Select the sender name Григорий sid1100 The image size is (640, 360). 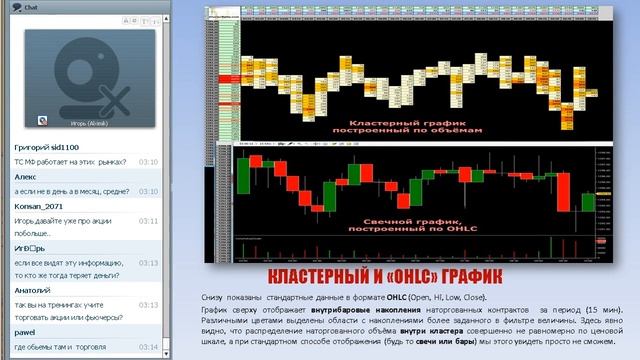point(46,146)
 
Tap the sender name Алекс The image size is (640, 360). point(25,175)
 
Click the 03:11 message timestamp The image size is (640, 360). point(148,220)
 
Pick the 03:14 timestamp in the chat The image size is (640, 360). point(148,348)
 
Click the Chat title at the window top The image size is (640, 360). point(30,6)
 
